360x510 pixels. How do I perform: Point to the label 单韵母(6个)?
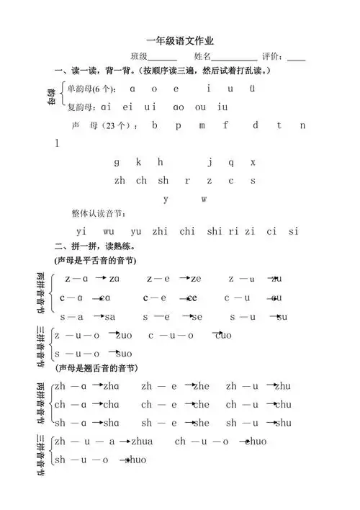click(91, 89)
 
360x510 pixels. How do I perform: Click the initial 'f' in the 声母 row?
click(225, 125)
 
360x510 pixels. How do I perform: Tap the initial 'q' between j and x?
click(231, 162)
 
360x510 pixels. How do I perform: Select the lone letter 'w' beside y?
click(204, 198)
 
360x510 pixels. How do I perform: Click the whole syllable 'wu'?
click(109, 231)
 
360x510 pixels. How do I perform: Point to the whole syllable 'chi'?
click(187, 231)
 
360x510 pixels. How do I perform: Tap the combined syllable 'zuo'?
click(124, 335)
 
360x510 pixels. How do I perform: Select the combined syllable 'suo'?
click(124, 353)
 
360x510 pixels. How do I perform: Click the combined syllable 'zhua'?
click(142, 441)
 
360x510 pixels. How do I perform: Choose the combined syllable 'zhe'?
click(201, 386)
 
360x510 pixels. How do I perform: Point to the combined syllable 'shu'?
click(283, 423)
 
